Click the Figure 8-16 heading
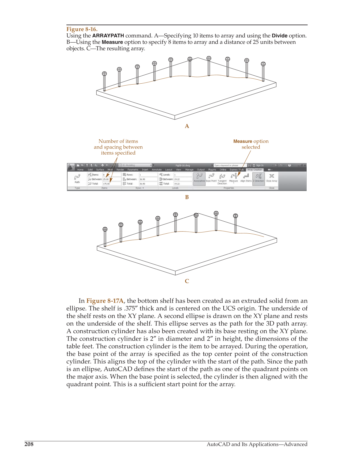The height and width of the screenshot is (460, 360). (82, 29)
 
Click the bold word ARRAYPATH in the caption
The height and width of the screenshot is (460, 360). (108, 36)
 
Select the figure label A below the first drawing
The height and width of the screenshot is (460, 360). (187, 126)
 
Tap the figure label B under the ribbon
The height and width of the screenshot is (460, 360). (187, 197)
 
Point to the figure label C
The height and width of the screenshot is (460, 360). (187, 281)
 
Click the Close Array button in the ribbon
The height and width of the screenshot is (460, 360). (271, 178)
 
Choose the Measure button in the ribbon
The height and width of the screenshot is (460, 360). (234, 178)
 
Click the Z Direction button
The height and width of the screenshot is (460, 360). (259, 178)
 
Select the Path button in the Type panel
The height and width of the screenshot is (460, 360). (77, 178)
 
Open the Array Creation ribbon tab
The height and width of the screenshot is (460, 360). (254, 169)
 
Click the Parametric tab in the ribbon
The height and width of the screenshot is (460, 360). (133, 169)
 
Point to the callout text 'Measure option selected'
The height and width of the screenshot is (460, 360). (251, 144)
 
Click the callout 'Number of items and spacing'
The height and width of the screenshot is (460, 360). (118, 147)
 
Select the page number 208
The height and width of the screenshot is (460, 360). (29, 444)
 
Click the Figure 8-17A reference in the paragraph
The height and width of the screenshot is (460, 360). (105, 301)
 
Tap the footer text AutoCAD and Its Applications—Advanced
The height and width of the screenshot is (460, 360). (257, 444)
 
